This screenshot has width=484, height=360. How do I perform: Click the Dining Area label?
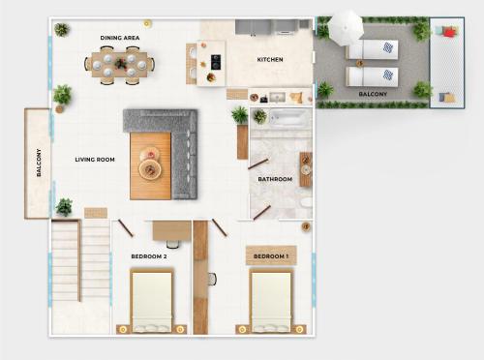pos(120,38)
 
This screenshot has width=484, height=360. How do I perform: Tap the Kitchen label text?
pos(270,59)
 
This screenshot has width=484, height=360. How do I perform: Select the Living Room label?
pos(95,160)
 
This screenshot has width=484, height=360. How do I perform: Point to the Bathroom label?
pos(275,179)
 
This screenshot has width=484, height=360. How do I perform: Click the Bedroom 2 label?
pos(149,256)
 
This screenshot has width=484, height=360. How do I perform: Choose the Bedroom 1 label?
pos(271,256)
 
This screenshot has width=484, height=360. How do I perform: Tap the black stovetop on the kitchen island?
pos(216,62)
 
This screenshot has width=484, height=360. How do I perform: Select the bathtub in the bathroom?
pos(288,118)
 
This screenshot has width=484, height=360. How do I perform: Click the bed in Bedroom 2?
pos(152,300)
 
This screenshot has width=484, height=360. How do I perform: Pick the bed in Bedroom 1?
pos(271,300)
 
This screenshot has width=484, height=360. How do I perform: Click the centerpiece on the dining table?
pos(121,64)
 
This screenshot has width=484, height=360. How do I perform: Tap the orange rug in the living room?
pos(150,165)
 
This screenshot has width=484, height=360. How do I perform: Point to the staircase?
pos(80,260)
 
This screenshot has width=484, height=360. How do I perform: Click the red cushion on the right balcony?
pos(449,32)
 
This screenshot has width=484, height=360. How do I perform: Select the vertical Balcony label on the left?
pos(39,163)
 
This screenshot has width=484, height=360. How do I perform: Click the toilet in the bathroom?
pos(306,203)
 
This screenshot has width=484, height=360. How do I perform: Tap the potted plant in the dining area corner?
pos(62,30)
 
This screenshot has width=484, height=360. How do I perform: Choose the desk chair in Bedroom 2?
pos(173,244)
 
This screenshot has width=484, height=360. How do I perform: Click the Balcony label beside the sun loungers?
pos(373,94)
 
